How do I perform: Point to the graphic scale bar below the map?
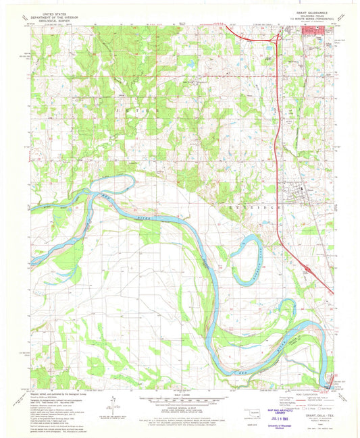pos(177,400)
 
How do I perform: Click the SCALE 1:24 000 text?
pos(177,394)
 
